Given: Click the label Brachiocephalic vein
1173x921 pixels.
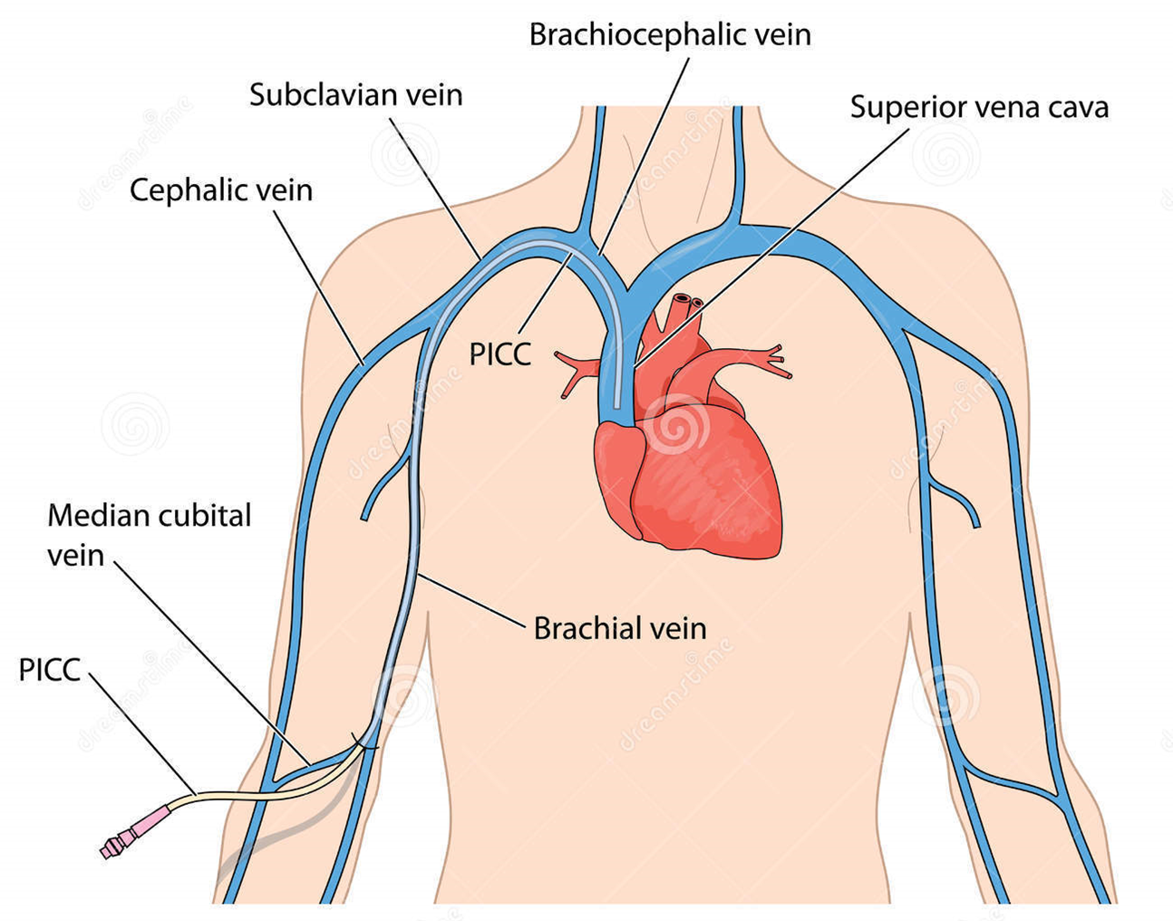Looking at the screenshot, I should tap(670, 34).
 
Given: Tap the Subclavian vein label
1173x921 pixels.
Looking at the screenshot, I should tap(355, 94).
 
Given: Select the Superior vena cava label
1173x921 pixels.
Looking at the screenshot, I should tap(979, 107).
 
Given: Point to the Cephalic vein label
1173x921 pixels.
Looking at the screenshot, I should tap(220, 190).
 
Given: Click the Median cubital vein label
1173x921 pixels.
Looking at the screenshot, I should tap(148, 535).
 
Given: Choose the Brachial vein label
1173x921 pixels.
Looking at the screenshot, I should tap(619, 628).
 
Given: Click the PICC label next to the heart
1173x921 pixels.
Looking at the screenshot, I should tap(499, 354).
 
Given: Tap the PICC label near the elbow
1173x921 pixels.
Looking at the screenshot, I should tap(50, 671).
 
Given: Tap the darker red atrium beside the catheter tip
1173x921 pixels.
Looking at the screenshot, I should tap(616, 471).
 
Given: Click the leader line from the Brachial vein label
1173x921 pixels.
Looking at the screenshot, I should tap(471, 599).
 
